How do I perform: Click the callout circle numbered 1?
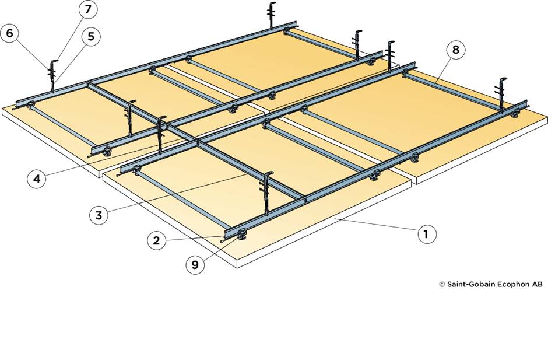pos(426,233)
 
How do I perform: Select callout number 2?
pos(156,240)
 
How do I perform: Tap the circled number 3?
pos(99,215)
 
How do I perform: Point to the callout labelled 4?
pos(37,179)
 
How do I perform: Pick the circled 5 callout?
pos(90,36)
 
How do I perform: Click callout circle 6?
pos(10,33)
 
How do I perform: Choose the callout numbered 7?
pos(88,10)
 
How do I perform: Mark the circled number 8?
pos(456,50)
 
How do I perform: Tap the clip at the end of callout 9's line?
pos(240,236)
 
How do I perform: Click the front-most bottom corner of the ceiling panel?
pos(238,267)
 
